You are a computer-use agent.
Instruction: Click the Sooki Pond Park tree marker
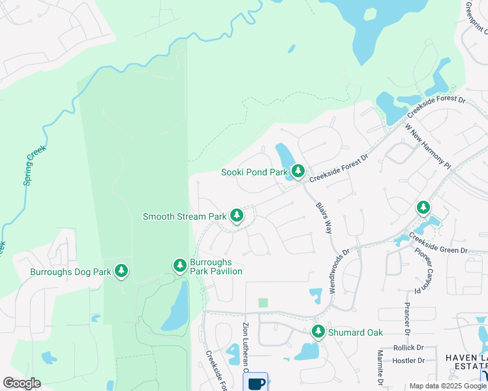[x=298, y=171]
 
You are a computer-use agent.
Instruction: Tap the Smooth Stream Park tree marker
[x=236, y=215]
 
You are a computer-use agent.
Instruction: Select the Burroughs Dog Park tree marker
[x=121, y=270]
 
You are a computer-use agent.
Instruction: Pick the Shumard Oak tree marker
[x=318, y=331]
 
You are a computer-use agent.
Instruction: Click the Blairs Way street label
[x=324, y=218]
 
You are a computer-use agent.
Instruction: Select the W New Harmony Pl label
[x=427, y=147]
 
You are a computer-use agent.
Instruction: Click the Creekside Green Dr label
[x=438, y=244]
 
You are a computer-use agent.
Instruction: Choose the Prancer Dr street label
[x=406, y=319]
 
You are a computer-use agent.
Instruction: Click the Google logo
[x=22, y=383]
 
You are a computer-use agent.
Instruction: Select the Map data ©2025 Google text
[x=447, y=386]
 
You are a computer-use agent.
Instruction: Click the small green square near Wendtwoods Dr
[x=263, y=302]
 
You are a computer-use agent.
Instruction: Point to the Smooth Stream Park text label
[x=184, y=216]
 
